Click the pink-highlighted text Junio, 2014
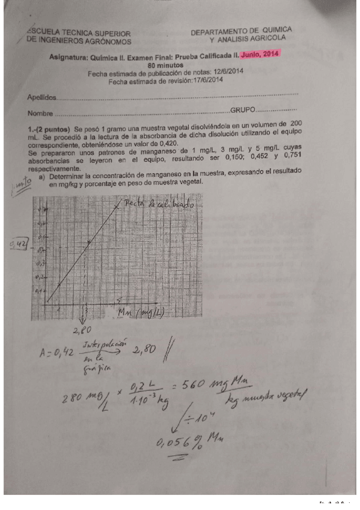coord(261,55)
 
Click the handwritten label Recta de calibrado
coord(159,205)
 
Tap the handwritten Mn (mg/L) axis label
coord(142,312)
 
